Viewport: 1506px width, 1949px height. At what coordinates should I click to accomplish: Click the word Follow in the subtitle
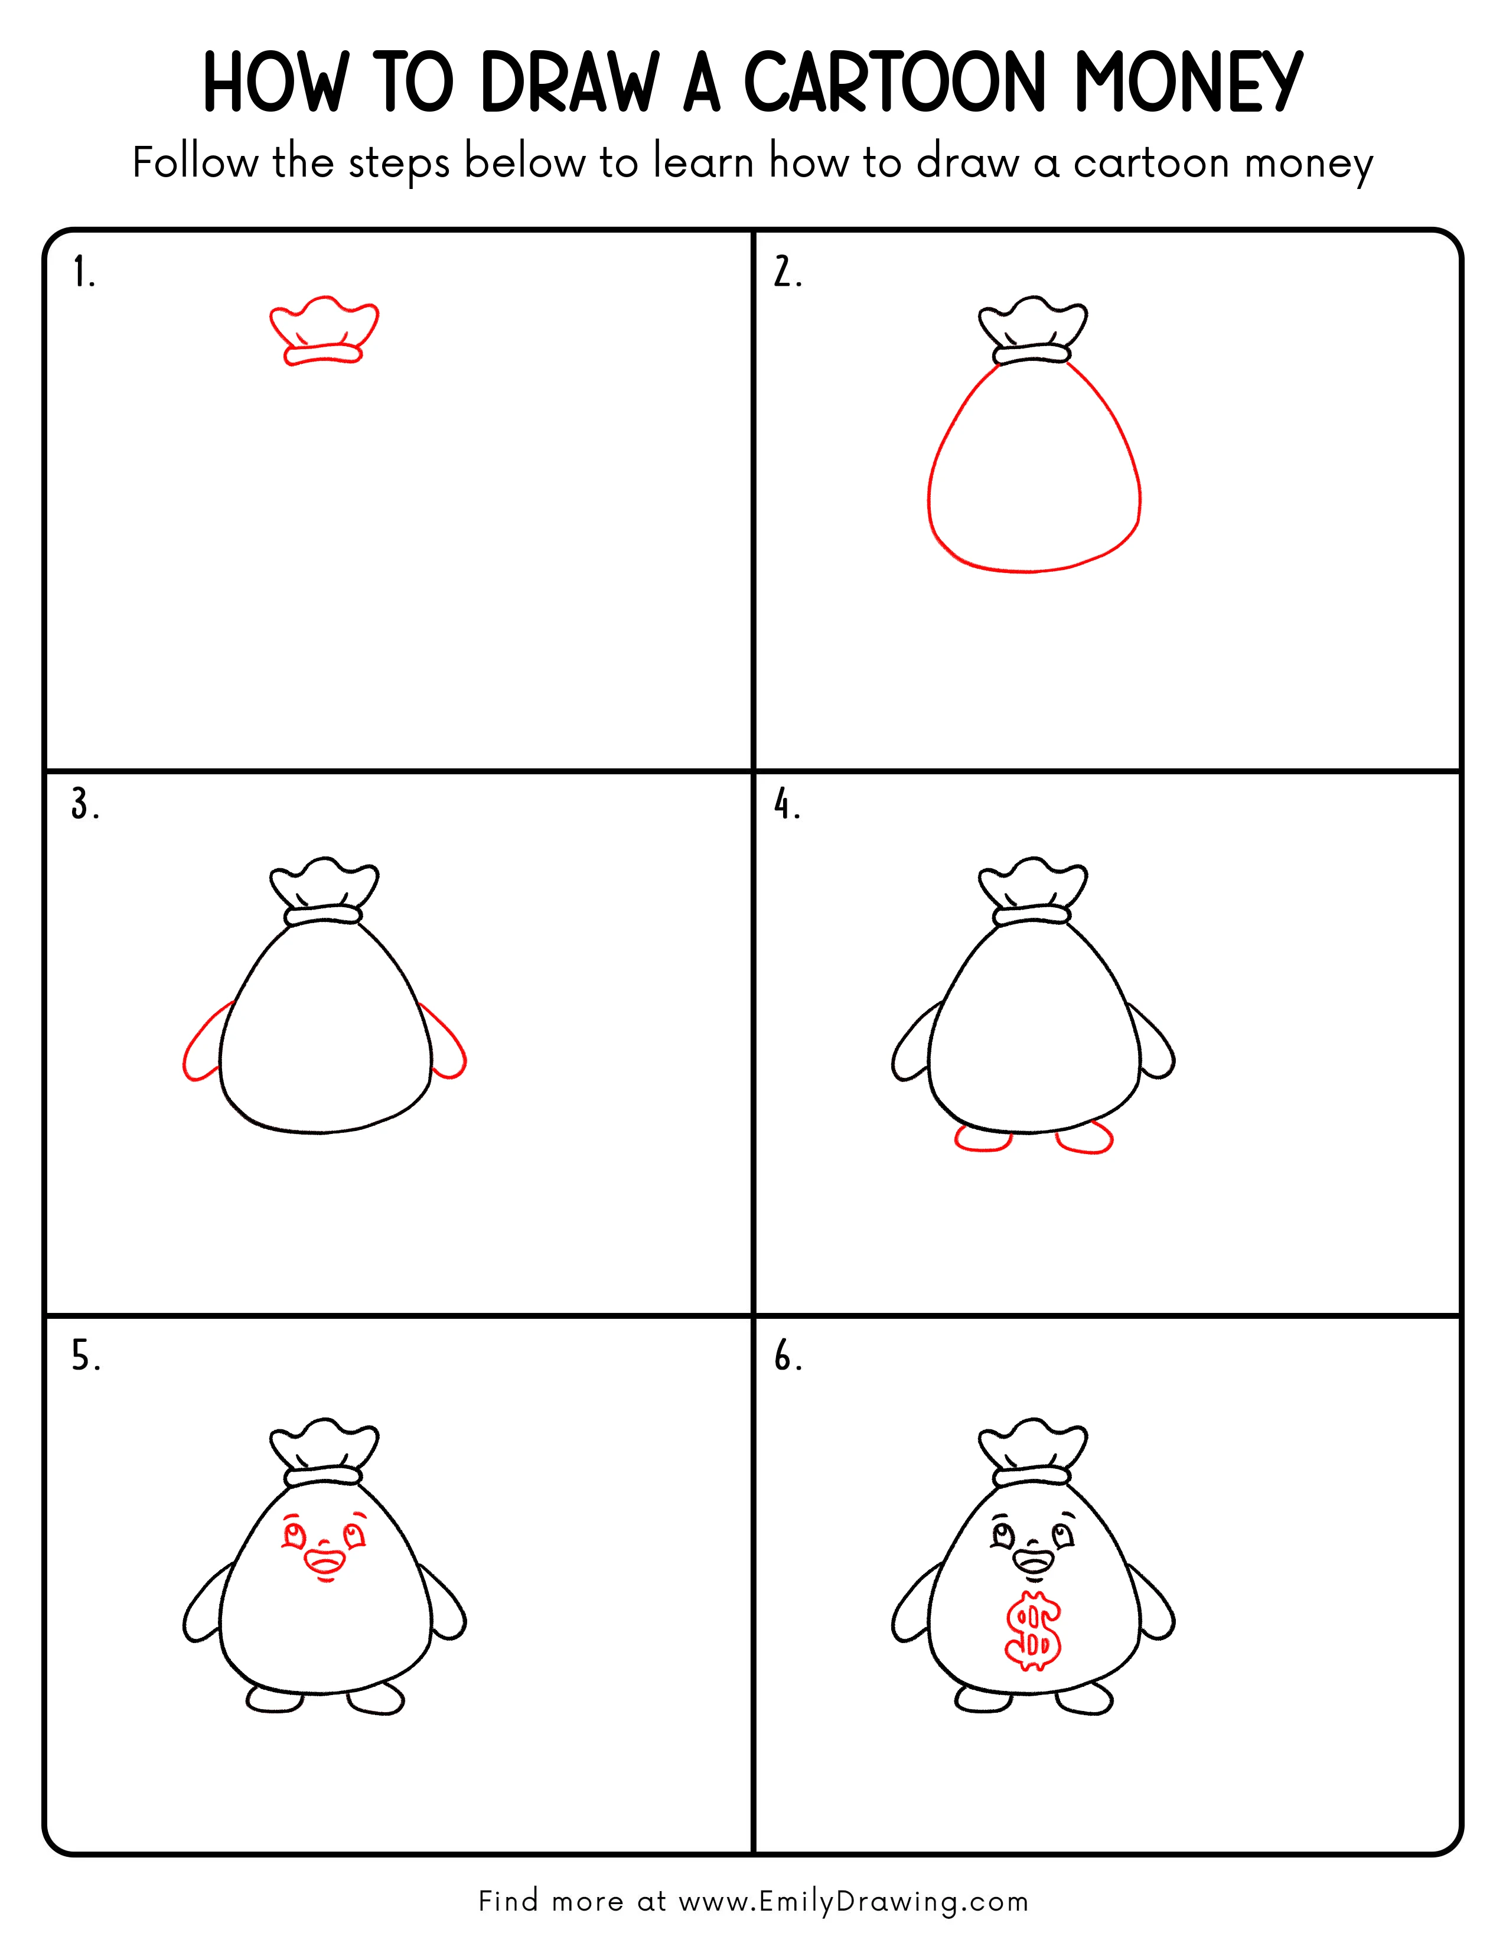click(194, 164)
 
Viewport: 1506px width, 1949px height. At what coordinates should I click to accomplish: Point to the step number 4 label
click(786, 805)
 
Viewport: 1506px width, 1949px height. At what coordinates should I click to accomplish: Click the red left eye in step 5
click(295, 1536)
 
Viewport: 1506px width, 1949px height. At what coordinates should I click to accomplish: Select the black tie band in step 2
click(1032, 354)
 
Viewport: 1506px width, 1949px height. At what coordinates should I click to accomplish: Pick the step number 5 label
click(85, 1357)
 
